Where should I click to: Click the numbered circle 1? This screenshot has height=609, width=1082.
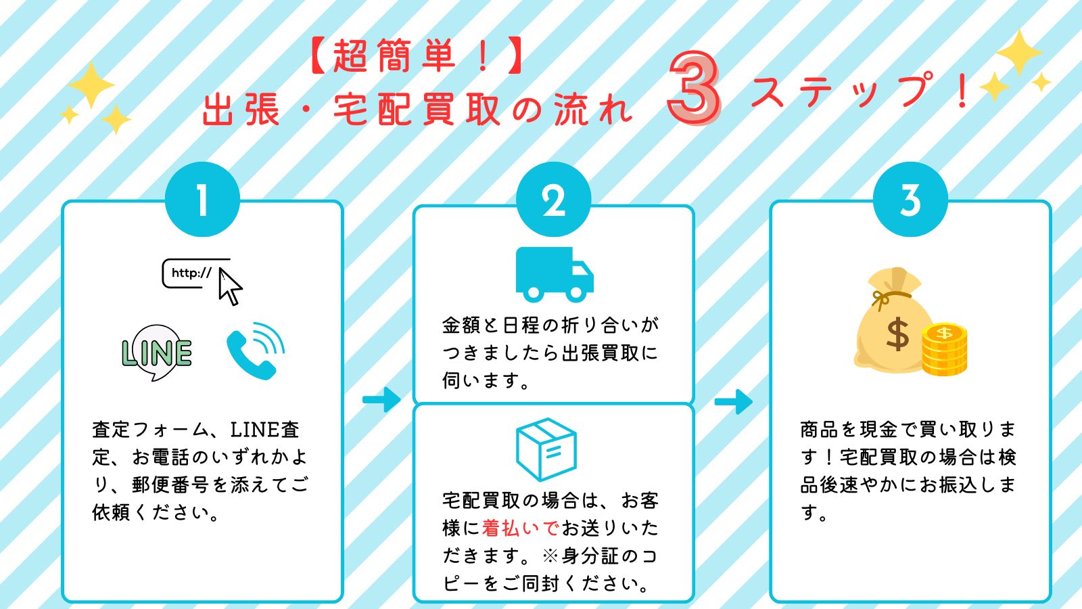202,200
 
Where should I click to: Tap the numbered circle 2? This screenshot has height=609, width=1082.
553,200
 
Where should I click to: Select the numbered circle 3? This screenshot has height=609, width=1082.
910,200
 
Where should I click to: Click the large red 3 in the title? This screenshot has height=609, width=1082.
694,89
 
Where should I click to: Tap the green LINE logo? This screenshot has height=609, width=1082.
157,353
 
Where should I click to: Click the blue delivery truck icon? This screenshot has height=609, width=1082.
554,274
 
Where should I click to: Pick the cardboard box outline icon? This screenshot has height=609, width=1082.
546,449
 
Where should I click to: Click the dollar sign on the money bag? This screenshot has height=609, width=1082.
897,334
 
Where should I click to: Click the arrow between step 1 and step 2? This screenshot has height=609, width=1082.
381,399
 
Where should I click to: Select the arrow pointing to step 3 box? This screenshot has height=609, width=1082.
733,401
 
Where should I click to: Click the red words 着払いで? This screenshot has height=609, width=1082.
520,528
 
